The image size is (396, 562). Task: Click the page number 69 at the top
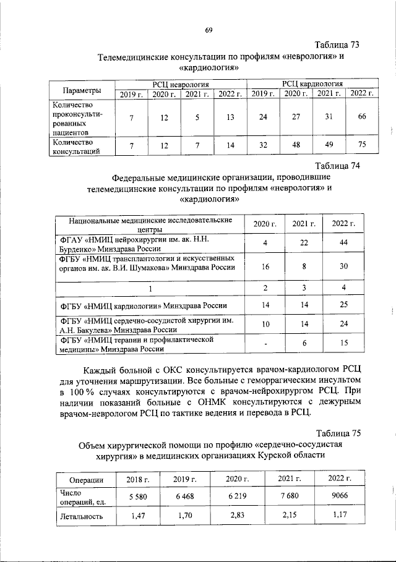[209, 30]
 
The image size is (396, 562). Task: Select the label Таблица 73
[337, 45]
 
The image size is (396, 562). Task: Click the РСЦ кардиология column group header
[312, 83]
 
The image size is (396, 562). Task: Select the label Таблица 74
[337, 166]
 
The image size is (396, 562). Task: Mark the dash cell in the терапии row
[265, 343]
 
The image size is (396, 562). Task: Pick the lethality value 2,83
[235, 515]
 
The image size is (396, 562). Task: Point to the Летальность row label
[82, 516]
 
